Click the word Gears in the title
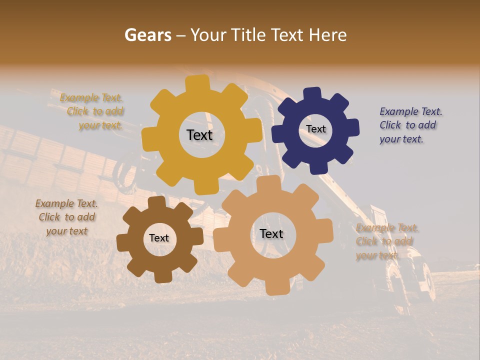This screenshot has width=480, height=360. tap(147, 35)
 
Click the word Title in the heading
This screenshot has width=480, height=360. tap(249, 35)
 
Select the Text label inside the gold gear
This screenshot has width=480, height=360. tap(199, 135)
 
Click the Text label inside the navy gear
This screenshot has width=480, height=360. tap(316, 129)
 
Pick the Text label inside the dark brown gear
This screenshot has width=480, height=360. tap(159, 238)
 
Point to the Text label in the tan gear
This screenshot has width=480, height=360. tap(271, 234)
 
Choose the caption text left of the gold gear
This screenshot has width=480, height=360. tap(93, 111)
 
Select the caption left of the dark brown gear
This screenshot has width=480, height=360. tap(67, 217)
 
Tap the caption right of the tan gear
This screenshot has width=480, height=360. tap(386, 241)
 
